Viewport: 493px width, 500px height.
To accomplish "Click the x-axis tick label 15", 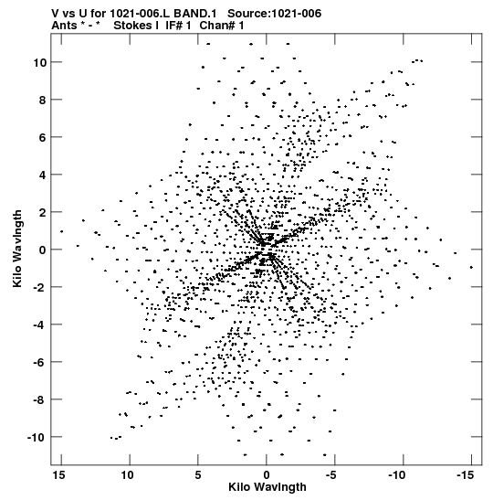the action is (59, 475).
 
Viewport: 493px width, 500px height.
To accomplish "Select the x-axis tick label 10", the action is (128, 475).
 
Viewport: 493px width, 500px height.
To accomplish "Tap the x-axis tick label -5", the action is (331, 475).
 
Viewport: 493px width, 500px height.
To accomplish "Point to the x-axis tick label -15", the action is (465, 475).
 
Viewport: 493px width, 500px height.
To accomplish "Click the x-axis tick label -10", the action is (397, 475).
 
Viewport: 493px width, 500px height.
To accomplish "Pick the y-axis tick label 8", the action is (42, 101).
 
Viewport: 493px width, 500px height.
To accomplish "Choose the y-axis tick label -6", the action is (39, 363).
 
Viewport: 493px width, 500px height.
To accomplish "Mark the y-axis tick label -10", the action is (37, 438).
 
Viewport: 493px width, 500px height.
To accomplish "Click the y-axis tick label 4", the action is (42, 176).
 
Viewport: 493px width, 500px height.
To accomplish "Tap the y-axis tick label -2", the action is (39, 288).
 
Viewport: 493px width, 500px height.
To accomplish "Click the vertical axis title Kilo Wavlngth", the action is (17, 249).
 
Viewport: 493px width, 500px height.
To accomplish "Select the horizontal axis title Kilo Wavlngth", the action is (267, 487).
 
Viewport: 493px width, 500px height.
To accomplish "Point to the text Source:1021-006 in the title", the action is (275, 14).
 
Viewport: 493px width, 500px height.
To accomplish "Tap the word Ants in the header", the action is (64, 26).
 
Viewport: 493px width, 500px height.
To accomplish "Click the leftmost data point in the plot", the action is (61, 231).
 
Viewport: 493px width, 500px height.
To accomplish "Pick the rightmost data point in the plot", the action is (471, 267).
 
